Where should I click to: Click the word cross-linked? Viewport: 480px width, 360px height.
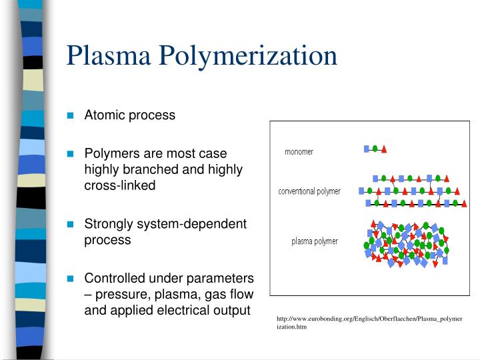pos(119,185)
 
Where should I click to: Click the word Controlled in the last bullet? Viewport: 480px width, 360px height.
pos(113,277)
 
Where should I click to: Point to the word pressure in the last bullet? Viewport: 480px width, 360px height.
pos(117,293)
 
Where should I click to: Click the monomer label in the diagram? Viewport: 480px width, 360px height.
pos(299,151)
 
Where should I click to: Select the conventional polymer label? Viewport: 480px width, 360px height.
pos(309,191)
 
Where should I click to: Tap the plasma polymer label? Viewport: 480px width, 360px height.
pos(314,241)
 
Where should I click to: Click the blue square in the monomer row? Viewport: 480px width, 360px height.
pos(366,149)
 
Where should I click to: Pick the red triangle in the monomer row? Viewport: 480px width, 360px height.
pos(384,149)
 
